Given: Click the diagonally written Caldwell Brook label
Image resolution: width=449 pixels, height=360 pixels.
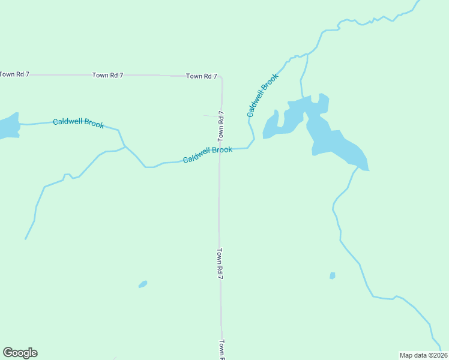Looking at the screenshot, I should (263, 95).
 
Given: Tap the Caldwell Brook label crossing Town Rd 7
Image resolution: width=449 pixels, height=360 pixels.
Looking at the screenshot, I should (208, 154).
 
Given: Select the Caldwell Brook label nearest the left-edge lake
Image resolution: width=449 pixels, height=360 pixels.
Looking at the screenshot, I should (78, 123).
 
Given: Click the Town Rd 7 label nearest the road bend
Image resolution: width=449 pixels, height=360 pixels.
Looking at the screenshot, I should (201, 76).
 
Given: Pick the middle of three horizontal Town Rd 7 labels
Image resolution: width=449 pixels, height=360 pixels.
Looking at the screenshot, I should (107, 75).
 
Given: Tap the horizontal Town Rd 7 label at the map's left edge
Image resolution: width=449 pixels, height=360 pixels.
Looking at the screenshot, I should (14, 74).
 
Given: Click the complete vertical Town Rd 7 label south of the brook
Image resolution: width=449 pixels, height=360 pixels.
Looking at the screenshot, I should (220, 264).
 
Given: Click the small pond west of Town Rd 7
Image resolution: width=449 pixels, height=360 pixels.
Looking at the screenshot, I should (143, 284).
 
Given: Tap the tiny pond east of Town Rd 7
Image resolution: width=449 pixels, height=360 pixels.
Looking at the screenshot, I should (332, 275).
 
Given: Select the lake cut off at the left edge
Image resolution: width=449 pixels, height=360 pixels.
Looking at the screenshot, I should (8, 126).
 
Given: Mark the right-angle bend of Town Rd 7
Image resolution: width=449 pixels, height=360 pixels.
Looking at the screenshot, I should (221, 77).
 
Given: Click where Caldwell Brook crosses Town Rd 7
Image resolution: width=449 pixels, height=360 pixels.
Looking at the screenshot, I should (220, 150).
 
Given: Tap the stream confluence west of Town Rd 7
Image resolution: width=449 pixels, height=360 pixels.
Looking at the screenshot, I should (125, 146).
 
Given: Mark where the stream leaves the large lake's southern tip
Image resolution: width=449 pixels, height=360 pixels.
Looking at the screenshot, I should (357, 169).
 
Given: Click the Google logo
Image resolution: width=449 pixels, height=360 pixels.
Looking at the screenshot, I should (20, 353).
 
